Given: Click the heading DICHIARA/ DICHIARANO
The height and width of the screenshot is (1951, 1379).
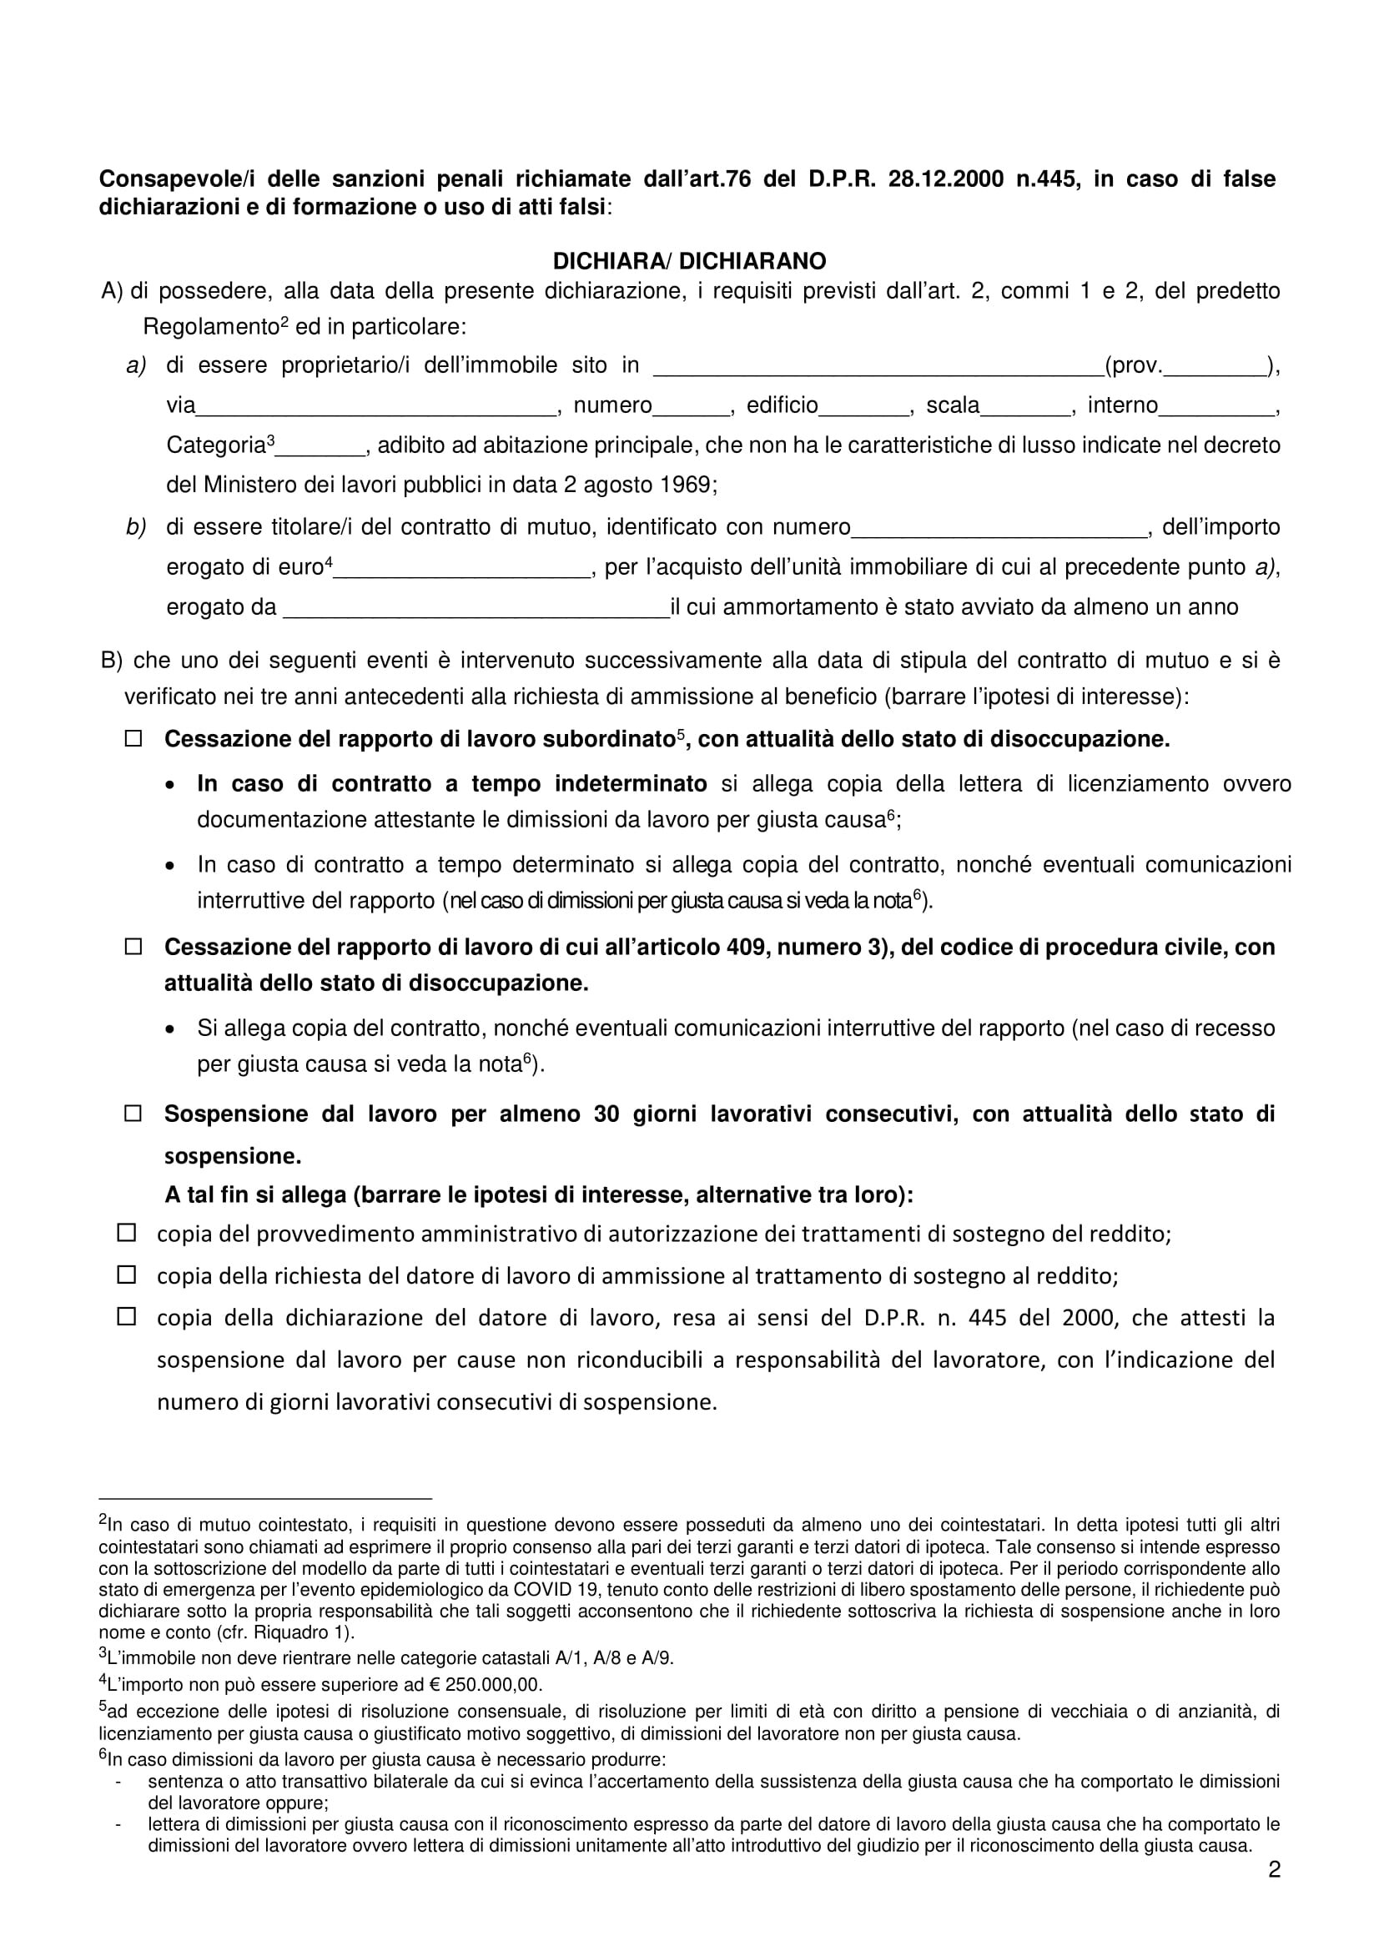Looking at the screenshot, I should (x=689, y=260).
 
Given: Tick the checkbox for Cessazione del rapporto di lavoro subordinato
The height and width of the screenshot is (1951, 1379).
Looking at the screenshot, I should (x=133, y=738).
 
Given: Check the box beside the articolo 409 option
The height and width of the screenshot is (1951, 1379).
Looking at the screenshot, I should (x=133, y=947).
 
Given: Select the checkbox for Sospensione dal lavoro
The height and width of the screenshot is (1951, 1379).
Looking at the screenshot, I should (x=133, y=1114).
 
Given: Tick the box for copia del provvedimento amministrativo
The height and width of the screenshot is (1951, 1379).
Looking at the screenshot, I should (x=127, y=1232).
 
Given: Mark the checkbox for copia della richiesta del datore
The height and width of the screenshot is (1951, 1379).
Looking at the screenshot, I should (x=127, y=1275).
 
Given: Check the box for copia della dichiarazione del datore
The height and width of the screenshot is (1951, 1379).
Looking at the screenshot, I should (x=127, y=1317).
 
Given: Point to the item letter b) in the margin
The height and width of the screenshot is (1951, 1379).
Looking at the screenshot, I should (x=136, y=527).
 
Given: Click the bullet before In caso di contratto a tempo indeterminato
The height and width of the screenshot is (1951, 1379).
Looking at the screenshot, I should (x=171, y=786).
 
